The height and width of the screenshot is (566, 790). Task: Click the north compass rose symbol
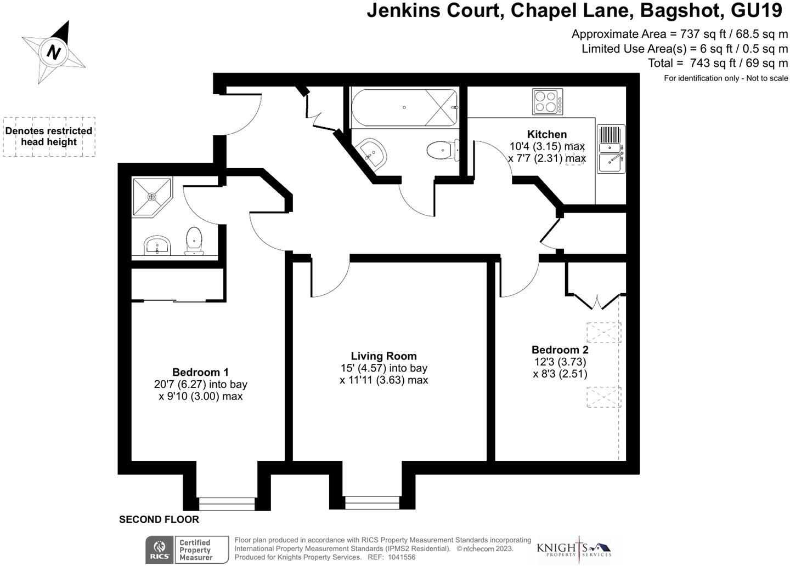tap(53, 53)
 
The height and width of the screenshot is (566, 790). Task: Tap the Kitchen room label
tap(546, 134)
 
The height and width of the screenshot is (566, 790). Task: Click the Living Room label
tap(383, 356)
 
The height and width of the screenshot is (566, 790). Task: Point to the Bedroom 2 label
tap(560, 350)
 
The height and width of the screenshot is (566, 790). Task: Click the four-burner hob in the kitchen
tap(548, 102)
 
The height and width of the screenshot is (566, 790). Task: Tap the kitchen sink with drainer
tap(611, 148)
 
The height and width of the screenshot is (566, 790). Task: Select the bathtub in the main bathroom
tap(404, 107)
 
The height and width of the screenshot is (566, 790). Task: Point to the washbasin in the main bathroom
tap(372, 151)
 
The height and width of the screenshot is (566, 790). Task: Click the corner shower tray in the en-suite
tap(151, 196)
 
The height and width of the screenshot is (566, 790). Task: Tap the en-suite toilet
tap(194, 241)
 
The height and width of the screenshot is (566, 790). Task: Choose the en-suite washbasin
tap(158, 245)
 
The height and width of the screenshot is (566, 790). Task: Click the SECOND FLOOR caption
tap(159, 519)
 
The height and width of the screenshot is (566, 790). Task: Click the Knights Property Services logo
tap(573, 548)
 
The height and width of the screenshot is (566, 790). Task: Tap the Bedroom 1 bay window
tap(227, 502)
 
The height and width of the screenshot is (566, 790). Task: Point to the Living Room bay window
tap(373, 501)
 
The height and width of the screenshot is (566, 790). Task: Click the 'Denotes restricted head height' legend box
tap(49, 136)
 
